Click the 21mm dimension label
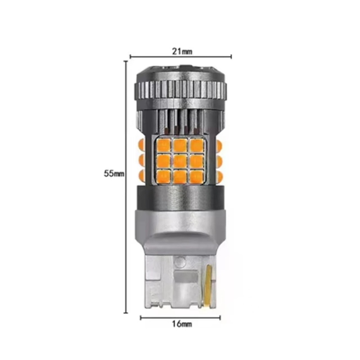(182, 51)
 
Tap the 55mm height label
(114, 173)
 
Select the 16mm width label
(182, 324)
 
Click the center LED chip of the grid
(180, 161)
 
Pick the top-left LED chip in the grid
(163, 145)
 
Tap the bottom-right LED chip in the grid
(197, 176)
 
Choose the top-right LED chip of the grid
(197, 145)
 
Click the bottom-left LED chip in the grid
(163, 176)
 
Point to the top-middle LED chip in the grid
(180, 145)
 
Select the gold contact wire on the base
(209, 285)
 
